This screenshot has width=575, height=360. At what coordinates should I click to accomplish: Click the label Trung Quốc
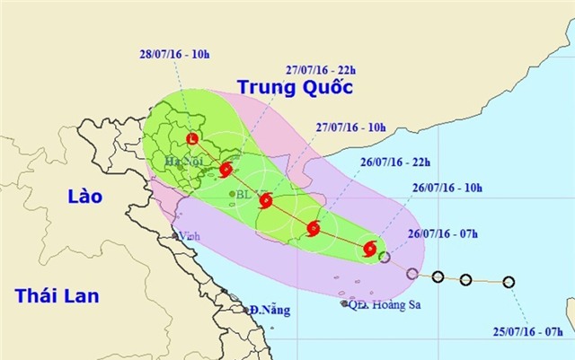(x=294, y=87)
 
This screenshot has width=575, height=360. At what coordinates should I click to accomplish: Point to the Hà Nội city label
(x=183, y=161)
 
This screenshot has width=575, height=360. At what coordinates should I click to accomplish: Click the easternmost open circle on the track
(x=509, y=282)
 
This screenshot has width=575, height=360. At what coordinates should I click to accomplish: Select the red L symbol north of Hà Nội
(x=192, y=139)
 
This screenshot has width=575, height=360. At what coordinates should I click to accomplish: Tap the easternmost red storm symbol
(x=369, y=248)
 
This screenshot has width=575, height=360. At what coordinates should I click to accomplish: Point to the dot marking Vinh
(x=177, y=236)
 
